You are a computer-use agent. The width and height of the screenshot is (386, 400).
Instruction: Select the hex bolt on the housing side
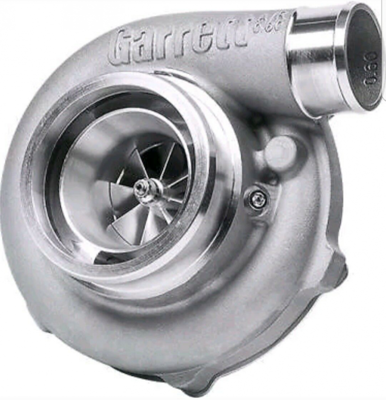click(x=258, y=200)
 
